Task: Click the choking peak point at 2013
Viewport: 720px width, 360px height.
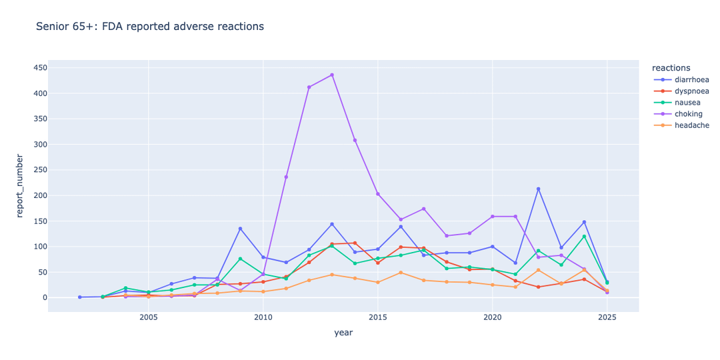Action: (332, 75)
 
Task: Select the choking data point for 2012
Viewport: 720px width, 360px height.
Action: (309, 87)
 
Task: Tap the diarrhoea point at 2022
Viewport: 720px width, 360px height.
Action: (538, 189)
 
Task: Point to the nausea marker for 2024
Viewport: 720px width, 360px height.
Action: (584, 236)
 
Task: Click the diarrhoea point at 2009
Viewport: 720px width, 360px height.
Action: (240, 229)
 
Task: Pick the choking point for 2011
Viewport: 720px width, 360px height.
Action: (286, 177)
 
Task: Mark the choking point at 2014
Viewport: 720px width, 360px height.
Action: (355, 140)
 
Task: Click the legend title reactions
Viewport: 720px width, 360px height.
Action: (671, 67)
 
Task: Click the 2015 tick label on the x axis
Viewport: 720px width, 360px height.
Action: (378, 317)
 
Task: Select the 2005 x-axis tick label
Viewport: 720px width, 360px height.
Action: (148, 317)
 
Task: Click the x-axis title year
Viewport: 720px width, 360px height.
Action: (343, 333)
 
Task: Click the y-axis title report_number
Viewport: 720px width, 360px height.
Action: (19, 185)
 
